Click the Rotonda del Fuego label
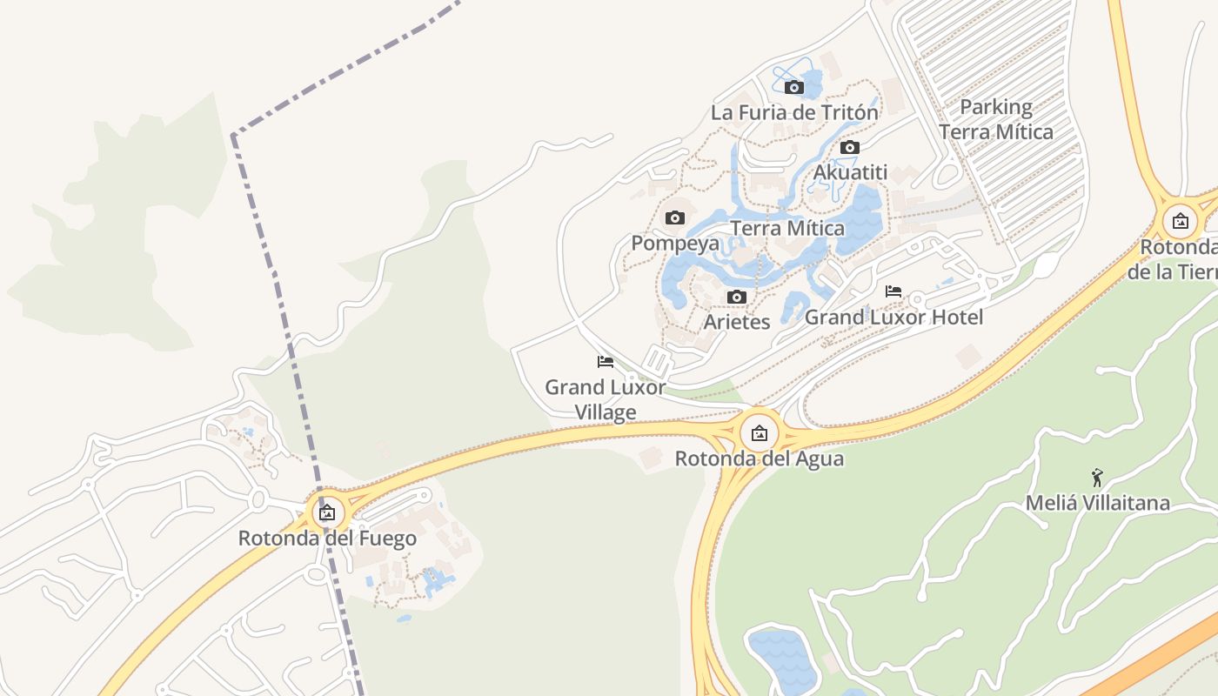(327, 539)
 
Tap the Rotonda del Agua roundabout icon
(760, 432)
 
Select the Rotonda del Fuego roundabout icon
(327, 512)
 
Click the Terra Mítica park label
(787, 229)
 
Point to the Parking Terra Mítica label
(996, 119)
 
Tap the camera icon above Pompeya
(675, 217)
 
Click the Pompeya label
(675, 243)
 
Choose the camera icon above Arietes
(737, 297)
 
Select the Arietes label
(737, 322)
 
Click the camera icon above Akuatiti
(850, 147)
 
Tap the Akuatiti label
(850, 172)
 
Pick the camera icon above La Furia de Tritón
(794, 87)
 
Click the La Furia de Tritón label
(794, 112)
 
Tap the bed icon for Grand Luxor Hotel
(893, 291)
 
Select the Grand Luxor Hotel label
(893, 318)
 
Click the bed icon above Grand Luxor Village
(606, 361)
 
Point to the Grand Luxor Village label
(606, 399)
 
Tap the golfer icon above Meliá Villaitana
(1097, 477)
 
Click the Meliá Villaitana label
(1097, 503)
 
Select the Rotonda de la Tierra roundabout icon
(1181, 221)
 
